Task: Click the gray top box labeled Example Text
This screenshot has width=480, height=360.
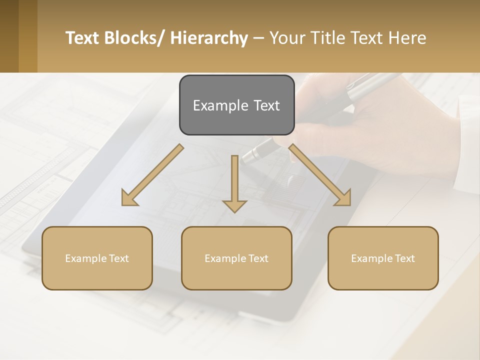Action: pos(236,105)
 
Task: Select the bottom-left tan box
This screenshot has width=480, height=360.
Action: pos(97,258)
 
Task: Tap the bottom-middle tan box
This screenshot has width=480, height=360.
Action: pos(236,258)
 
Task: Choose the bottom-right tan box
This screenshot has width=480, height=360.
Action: pos(383,258)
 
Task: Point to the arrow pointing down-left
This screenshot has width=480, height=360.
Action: pos(152,175)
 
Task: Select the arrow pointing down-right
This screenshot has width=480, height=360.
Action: pos(320,175)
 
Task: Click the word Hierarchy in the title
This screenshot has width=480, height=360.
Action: pos(208,38)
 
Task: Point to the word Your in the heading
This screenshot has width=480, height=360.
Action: pos(286,38)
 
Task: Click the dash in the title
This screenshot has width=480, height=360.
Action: pos(258,38)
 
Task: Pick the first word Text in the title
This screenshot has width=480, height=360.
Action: pos(82,38)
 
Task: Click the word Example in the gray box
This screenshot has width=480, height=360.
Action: pos(216,105)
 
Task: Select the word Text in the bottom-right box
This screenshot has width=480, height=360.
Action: pos(404,258)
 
